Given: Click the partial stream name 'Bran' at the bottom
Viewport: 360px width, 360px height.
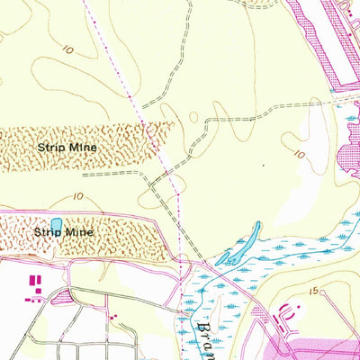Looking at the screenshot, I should point(205,333).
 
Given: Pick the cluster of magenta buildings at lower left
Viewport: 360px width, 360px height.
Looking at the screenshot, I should point(35,287).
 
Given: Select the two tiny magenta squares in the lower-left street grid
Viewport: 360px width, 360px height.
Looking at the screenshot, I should point(112,316).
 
